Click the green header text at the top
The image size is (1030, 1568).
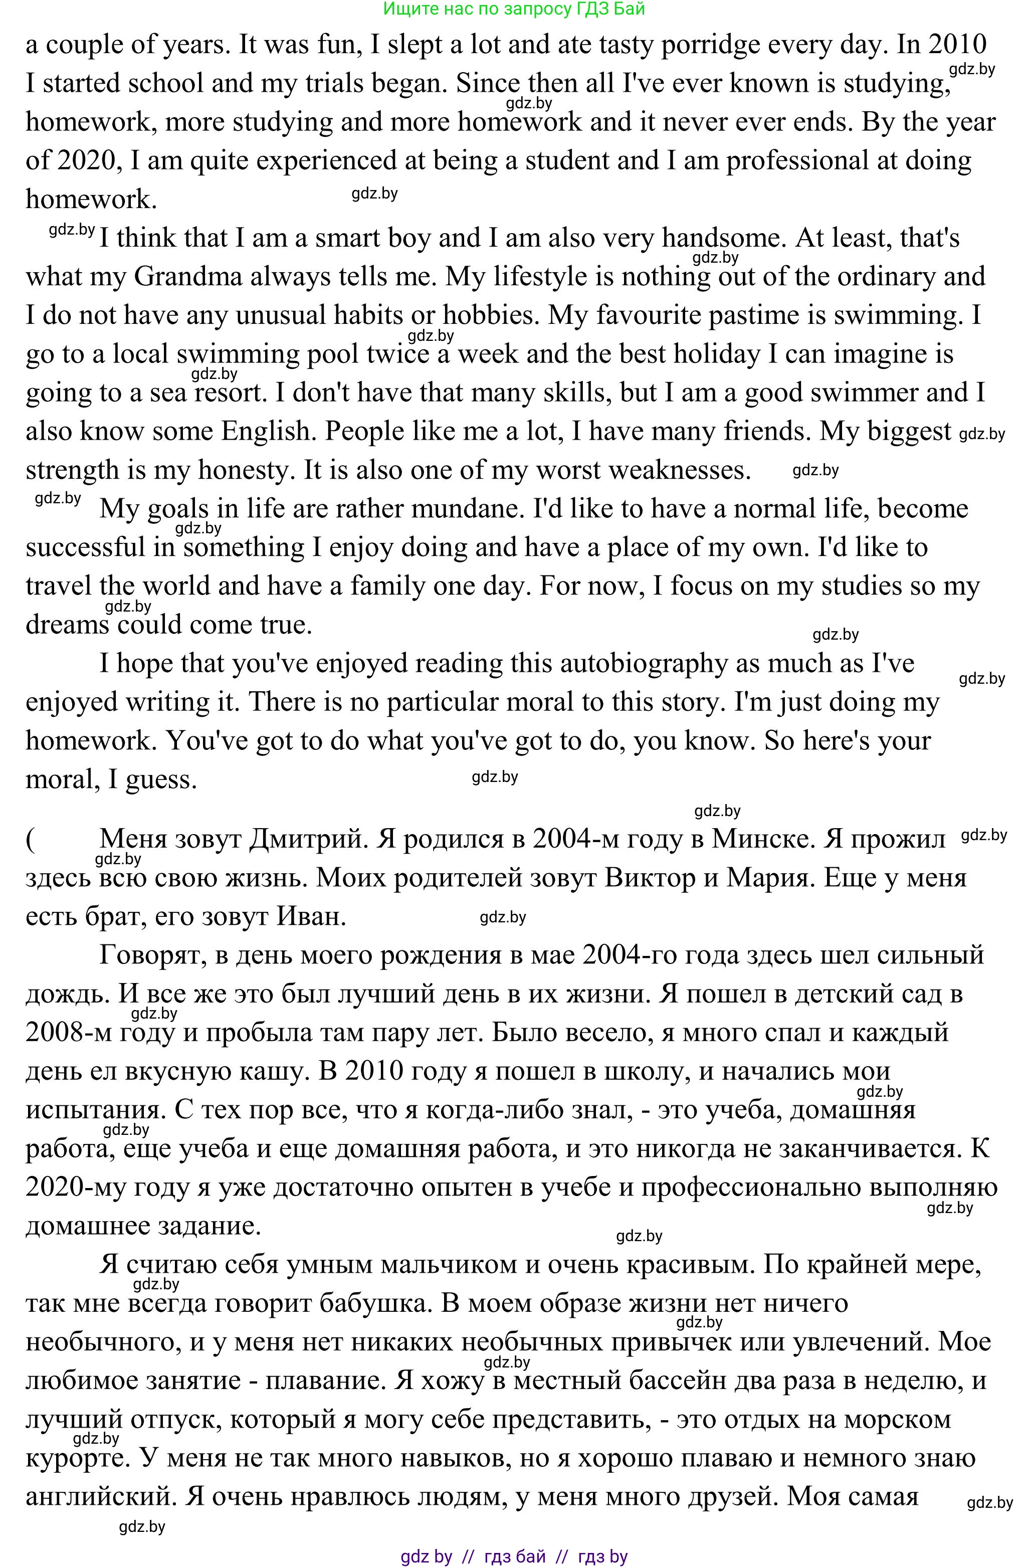(x=514, y=9)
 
